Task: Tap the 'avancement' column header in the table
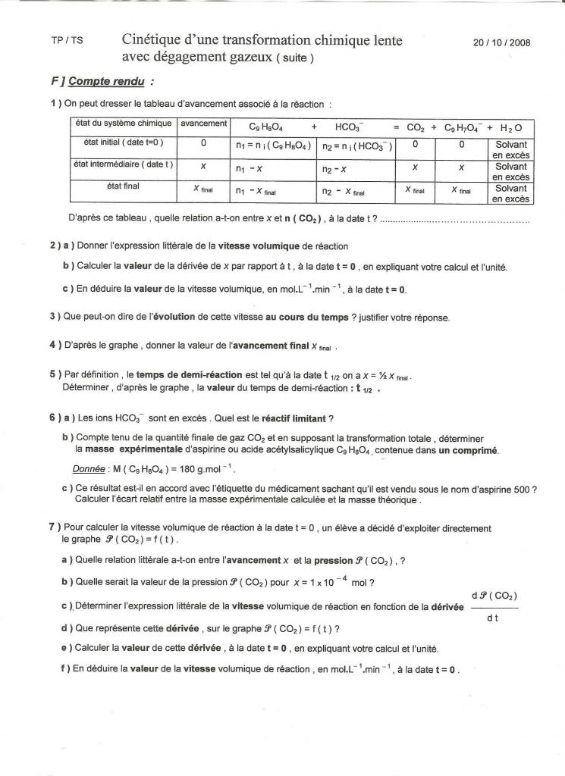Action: (x=202, y=124)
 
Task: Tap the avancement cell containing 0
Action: (x=203, y=143)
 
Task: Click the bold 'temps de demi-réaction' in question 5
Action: (x=180, y=375)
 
